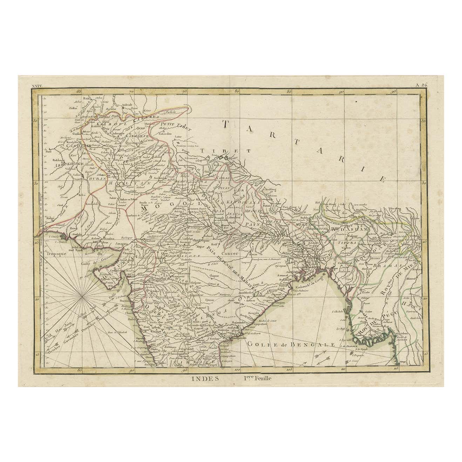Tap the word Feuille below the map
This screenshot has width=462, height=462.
pyautogui.click(x=258, y=378)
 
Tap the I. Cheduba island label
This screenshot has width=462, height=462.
pyautogui.click(x=337, y=311)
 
